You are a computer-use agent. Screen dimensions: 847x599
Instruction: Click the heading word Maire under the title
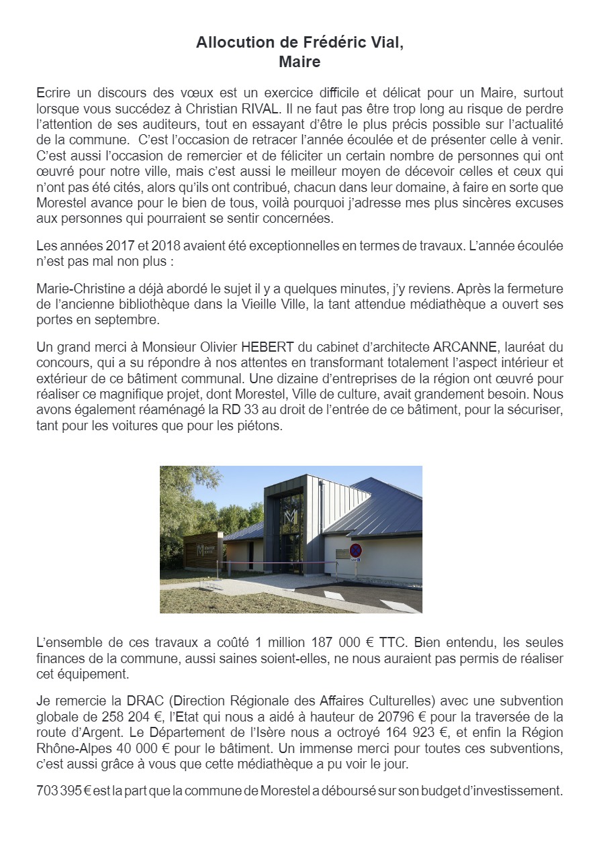[x=299, y=62]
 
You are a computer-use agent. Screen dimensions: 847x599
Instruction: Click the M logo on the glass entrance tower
[x=291, y=517]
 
